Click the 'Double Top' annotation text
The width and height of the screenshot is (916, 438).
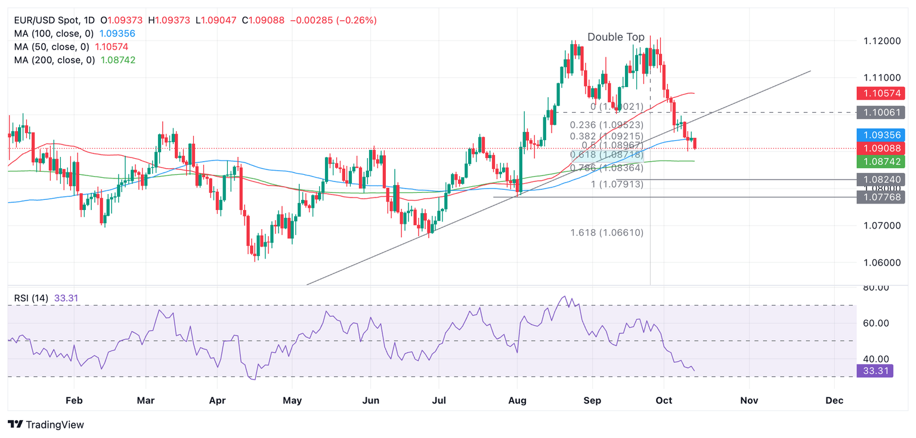[615, 37]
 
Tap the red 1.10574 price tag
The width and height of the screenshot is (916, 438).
[880, 93]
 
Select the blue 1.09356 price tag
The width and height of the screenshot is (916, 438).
[880, 135]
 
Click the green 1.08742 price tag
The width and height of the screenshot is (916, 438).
[880, 161]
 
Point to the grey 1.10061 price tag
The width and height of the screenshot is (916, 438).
[880, 112]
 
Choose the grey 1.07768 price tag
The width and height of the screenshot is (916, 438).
[880, 197]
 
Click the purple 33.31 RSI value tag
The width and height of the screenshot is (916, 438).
[874, 371]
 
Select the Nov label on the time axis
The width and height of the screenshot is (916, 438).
[749, 401]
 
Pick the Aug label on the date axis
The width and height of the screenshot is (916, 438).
[517, 401]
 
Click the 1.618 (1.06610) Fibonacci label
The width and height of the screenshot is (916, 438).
[606, 233]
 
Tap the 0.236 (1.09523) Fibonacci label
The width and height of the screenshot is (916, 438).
[606, 125]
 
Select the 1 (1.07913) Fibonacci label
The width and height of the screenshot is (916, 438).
[617, 184]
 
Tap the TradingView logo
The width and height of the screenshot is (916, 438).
[47, 425]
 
